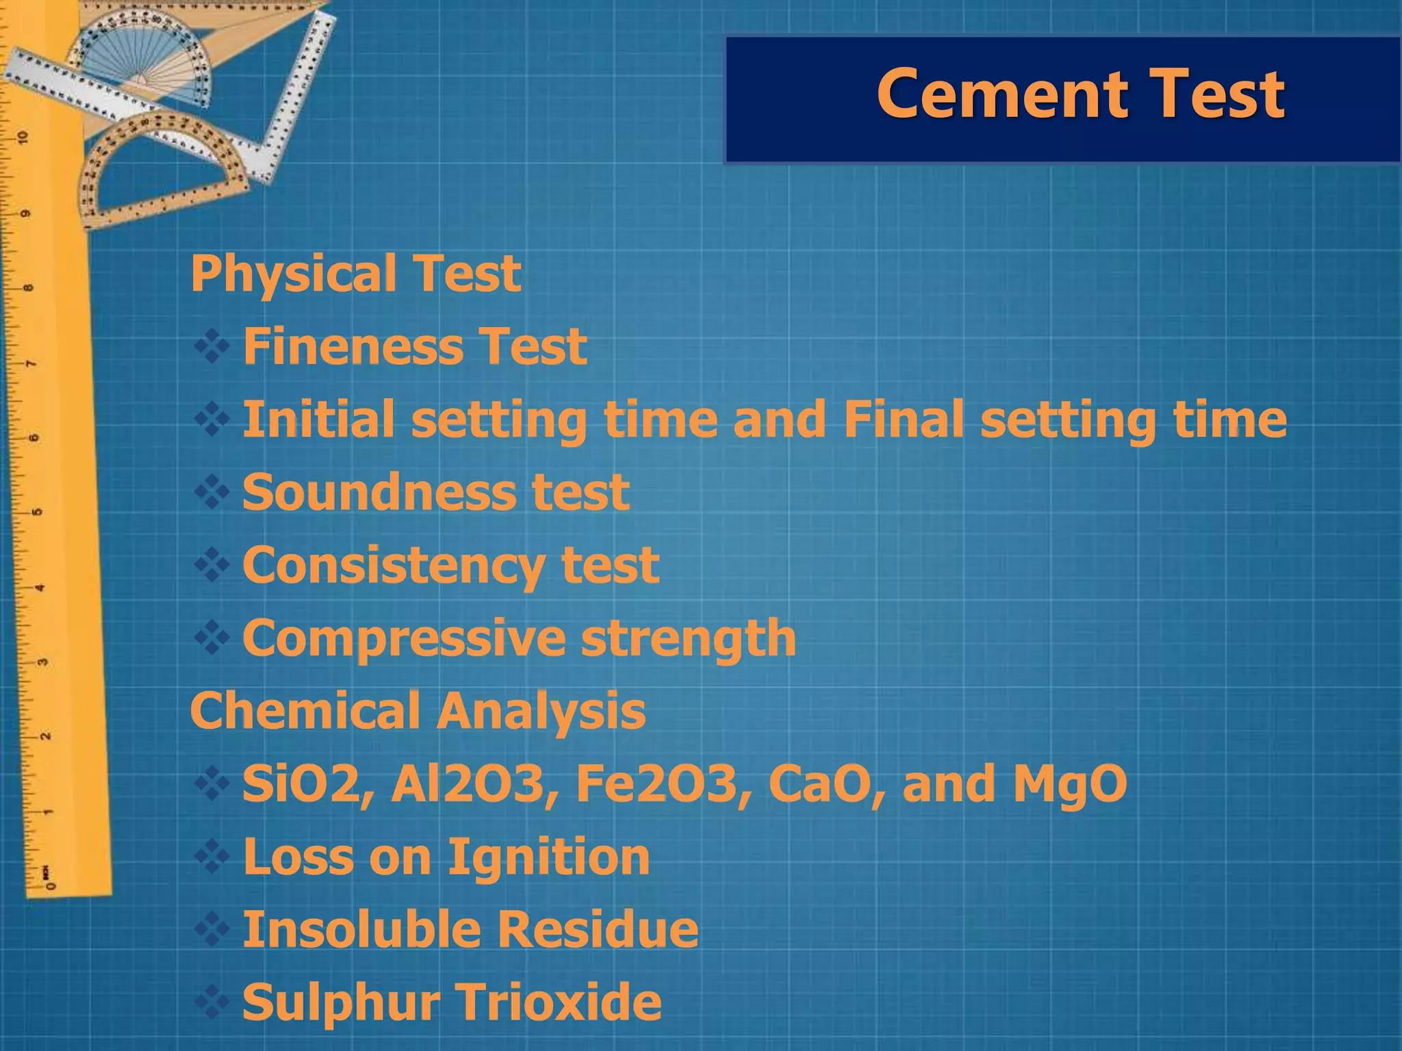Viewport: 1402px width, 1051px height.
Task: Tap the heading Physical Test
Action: (355, 274)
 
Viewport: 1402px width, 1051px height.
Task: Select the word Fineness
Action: (350, 346)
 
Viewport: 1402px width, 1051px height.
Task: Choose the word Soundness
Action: (377, 492)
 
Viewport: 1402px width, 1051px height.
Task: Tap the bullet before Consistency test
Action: (212, 565)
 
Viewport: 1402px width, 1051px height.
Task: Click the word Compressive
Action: (404, 639)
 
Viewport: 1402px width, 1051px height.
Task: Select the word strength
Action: (688, 639)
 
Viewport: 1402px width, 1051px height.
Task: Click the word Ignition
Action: (548, 858)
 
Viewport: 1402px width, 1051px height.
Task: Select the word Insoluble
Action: (362, 930)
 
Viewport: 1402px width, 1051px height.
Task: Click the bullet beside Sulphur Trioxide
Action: (212, 1002)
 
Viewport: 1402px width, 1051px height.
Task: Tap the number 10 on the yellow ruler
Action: (25, 138)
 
